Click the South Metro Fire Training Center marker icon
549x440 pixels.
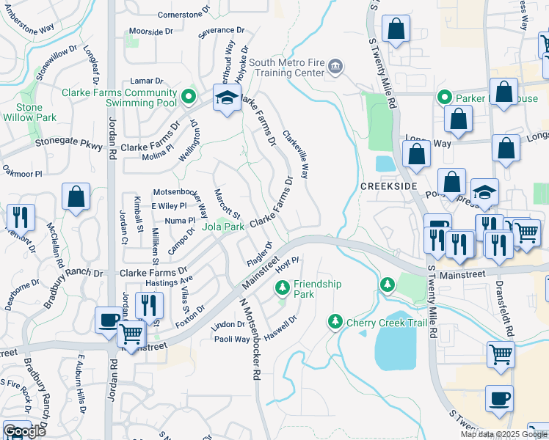pyautogui.click(x=336, y=67)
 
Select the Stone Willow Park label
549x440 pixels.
pyautogui.click(x=29, y=112)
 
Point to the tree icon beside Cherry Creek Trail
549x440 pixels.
pyautogui.click(x=335, y=320)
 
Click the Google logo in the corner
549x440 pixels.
pyautogui.click(x=24, y=431)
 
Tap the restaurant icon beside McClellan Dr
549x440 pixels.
pyautogui.click(x=20, y=218)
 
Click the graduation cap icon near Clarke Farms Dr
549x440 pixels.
pyautogui.click(x=228, y=98)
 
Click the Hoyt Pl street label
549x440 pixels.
pyautogui.click(x=286, y=264)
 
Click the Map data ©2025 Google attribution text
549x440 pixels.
pyautogui.click(x=503, y=434)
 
